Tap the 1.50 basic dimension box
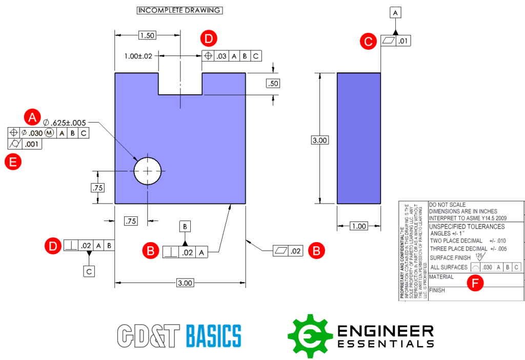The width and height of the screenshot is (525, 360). [147, 35]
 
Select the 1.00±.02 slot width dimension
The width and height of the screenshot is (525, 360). [138, 56]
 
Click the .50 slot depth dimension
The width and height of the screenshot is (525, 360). [273, 84]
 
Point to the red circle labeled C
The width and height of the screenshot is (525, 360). [367, 41]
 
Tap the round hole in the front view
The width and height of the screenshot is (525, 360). [148, 171]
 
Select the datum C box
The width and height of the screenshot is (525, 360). [89, 272]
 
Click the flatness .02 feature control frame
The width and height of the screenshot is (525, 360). [288, 251]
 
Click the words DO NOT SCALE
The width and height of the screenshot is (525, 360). [447, 205]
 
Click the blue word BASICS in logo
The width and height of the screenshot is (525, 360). [213, 336]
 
